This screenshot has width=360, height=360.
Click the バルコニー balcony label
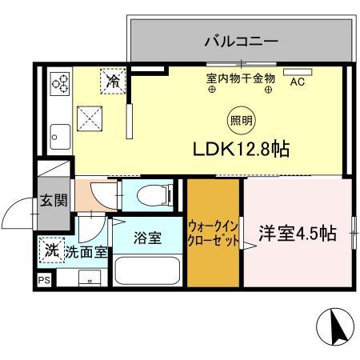241,40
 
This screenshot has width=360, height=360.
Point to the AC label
297,81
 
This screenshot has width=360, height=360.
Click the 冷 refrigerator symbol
113,80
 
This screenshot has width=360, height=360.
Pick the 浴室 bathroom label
148,238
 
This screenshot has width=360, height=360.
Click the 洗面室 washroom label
86,252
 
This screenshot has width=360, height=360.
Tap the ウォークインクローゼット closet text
213,232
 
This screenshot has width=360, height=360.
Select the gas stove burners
60,84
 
